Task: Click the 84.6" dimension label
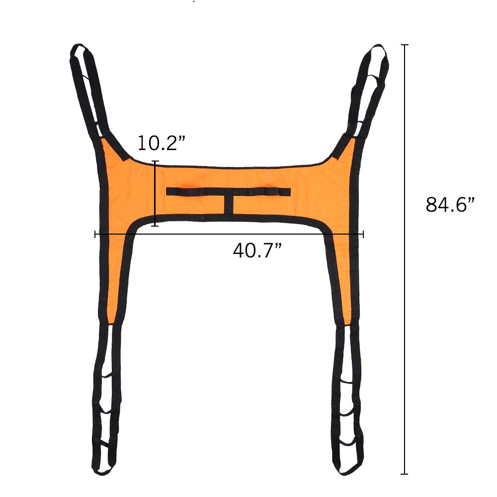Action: (450, 204)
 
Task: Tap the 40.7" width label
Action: (257, 250)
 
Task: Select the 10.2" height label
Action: (161, 143)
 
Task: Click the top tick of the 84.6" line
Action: (405, 45)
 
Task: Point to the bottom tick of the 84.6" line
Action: (405, 474)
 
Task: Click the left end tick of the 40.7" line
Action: (95, 234)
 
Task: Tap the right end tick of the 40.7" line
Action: (363, 234)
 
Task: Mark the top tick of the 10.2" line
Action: (155, 162)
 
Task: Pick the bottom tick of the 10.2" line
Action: (155, 226)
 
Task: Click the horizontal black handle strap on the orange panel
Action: (228, 191)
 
